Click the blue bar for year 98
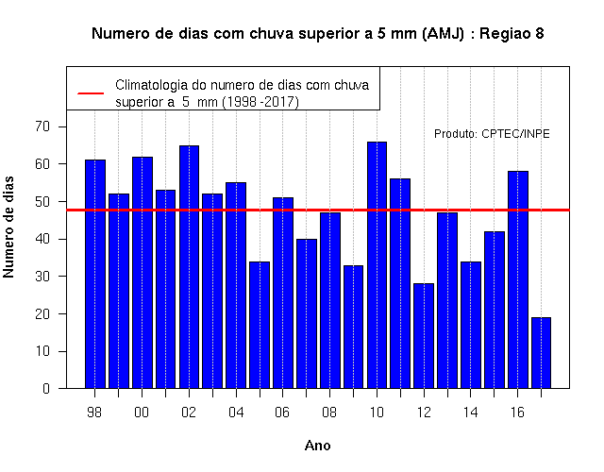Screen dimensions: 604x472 tap(95, 274)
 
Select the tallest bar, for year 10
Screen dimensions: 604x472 tap(377, 265)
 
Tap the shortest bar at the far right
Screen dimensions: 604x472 tap(541, 353)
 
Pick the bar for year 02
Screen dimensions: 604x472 tap(189, 267)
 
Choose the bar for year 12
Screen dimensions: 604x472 tap(424, 336)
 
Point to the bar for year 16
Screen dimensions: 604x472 tap(518, 279)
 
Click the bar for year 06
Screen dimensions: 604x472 tap(283, 293)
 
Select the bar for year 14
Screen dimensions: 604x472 tap(471, 325)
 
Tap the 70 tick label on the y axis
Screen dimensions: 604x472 tap(42, 126)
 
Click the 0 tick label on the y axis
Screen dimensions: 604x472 tap(46, 388)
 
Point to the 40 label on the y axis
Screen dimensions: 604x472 tap(42, 239)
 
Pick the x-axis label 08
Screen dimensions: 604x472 tap(329, 413)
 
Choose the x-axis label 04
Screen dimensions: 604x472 tap(236, 413)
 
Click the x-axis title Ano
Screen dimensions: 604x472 tap(318, 446)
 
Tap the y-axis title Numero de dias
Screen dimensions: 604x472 tap(8, 227)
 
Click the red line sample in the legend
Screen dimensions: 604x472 tap(91, 93)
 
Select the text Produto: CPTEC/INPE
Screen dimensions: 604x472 tap(492, 134)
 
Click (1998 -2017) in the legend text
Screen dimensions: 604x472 tap(260, 102)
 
